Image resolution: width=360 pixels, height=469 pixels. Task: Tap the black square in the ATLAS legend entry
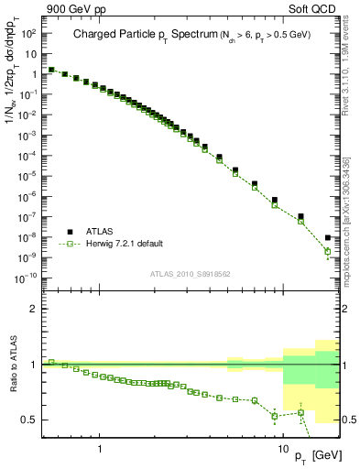(69, 232)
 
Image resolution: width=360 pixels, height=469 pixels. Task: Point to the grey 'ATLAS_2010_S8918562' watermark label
(191, 273)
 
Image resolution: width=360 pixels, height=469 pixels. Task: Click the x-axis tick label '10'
(283, 450)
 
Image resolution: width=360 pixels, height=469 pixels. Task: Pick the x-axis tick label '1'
(99, 450)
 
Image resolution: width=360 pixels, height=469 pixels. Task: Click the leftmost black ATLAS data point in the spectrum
(51, 69)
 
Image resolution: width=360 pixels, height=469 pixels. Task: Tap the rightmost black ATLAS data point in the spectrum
(328, 238)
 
